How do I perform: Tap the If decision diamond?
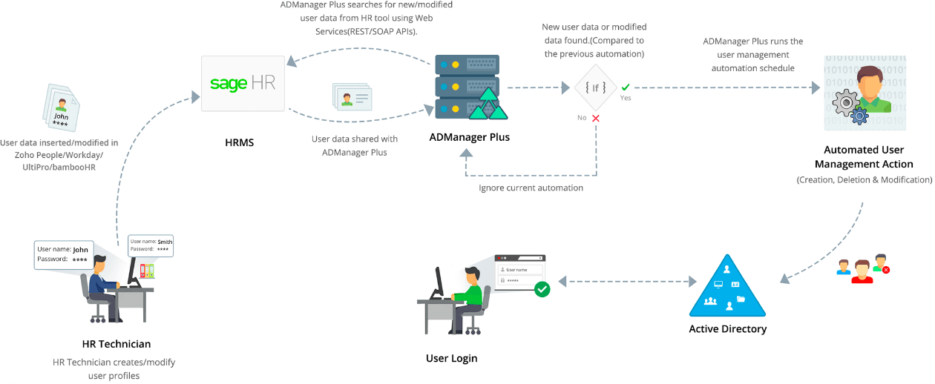[x=595, y=87]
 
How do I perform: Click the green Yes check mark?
[x=626, y=87]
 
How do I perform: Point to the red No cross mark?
[x=595, y=118]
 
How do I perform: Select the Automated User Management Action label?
[x=864, y=157]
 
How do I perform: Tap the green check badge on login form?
[x=542, y=288]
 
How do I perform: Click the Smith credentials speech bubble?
[x=151, y=245]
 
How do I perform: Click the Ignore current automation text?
[x=531, y=188]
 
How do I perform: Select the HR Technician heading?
[x=117, y=344]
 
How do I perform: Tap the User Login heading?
[x=451, y=358]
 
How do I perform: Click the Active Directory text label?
[x=727, y=328]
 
